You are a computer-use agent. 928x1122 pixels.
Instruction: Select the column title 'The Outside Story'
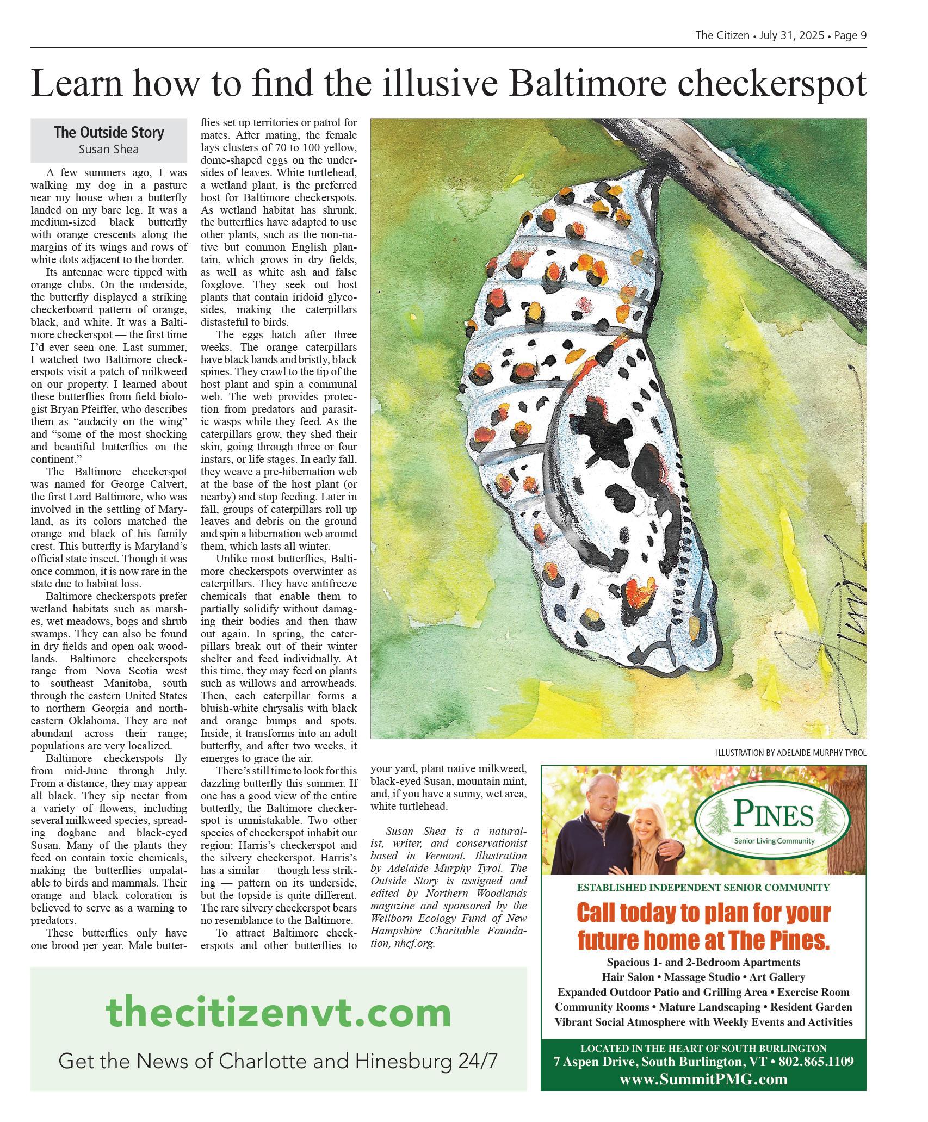[x=109, y=132]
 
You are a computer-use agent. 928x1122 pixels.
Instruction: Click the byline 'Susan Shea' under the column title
[x=109, y=149]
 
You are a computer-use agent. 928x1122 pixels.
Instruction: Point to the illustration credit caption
[x=791, y=753]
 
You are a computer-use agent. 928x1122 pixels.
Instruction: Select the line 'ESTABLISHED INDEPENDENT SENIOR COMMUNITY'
[x=703, y=888]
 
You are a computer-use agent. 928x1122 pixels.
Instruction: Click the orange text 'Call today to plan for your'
[x=703, y=913]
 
